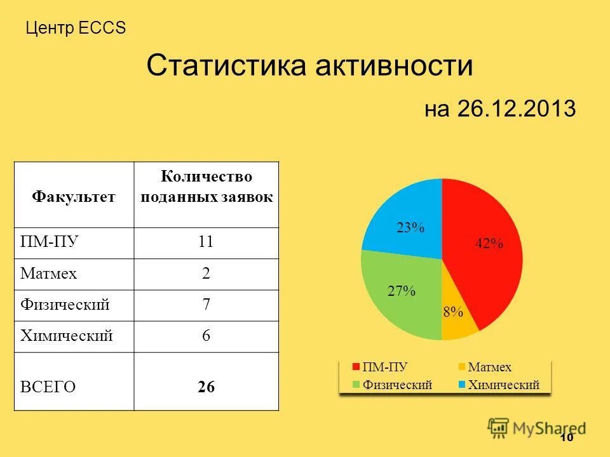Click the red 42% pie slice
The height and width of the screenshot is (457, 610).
[x=486, y=254]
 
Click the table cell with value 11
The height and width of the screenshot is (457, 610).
[x=206, y=242]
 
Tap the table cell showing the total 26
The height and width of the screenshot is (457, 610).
[x=206, y=387]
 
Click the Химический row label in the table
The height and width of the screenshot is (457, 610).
[x=67, y=336]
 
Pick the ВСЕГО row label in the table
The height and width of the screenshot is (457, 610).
[x=48, y=387]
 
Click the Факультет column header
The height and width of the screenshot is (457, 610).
[x=74, y=196]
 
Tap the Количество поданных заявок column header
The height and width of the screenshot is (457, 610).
[x=206, y=186]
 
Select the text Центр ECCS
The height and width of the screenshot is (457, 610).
[x=76, y=28]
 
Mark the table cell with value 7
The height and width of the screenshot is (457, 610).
[x=206, y=305]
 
